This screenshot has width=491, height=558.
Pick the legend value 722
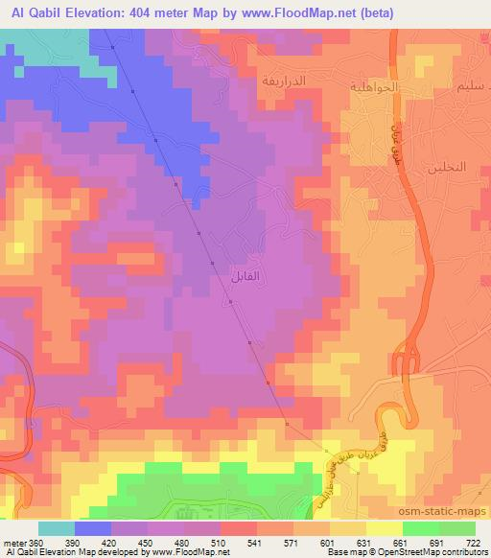click(472, 542)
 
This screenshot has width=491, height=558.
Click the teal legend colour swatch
click(57, 528)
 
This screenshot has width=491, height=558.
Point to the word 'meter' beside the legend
click(15, 542)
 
